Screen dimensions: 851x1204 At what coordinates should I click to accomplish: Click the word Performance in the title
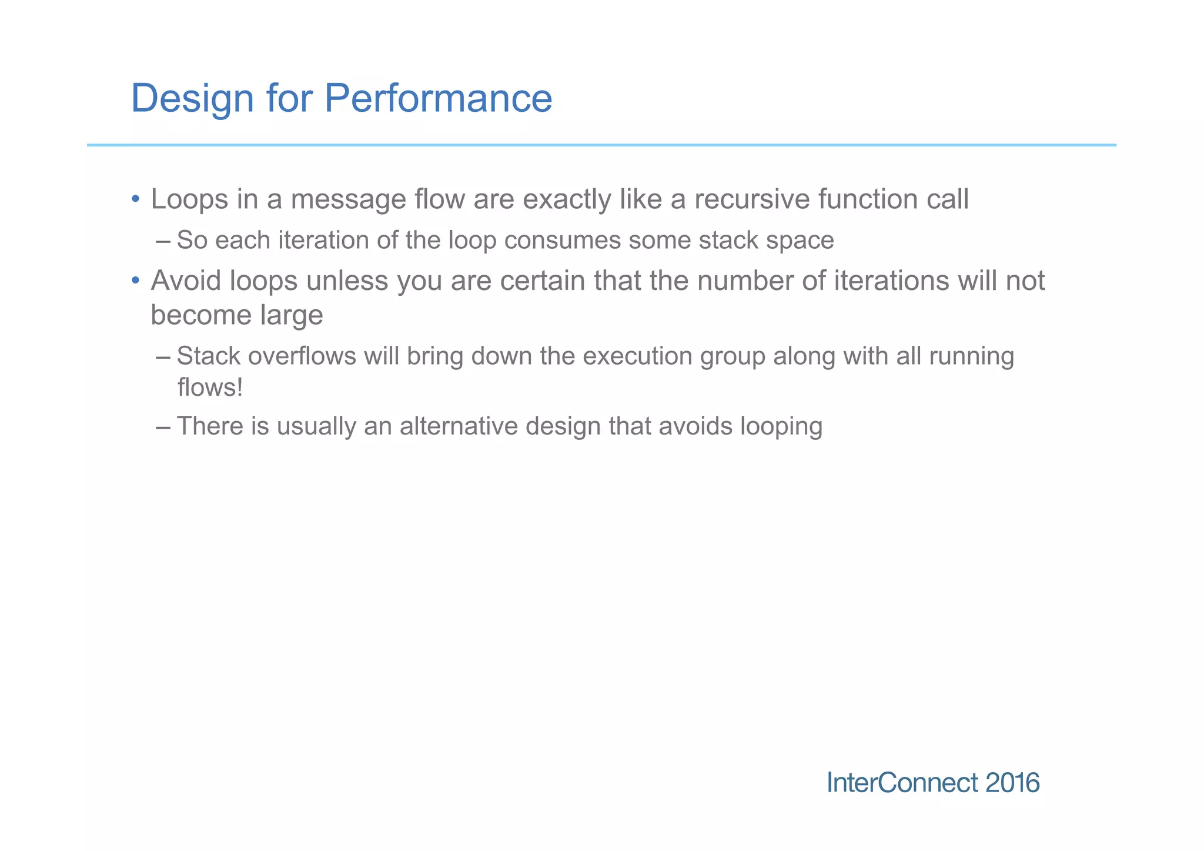438,98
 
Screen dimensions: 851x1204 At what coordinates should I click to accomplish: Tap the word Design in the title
192,98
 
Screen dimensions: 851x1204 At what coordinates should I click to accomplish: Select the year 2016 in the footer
1012,783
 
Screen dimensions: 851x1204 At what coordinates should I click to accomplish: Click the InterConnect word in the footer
902,783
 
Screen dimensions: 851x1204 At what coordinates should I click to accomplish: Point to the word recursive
751,199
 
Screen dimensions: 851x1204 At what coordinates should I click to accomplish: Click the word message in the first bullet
348,199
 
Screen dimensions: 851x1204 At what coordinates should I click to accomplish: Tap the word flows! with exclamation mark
210,388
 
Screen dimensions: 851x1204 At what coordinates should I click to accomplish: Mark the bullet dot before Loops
135,199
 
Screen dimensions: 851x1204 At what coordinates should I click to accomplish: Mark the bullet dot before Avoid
135,281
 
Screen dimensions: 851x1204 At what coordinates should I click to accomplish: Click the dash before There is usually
163,426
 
